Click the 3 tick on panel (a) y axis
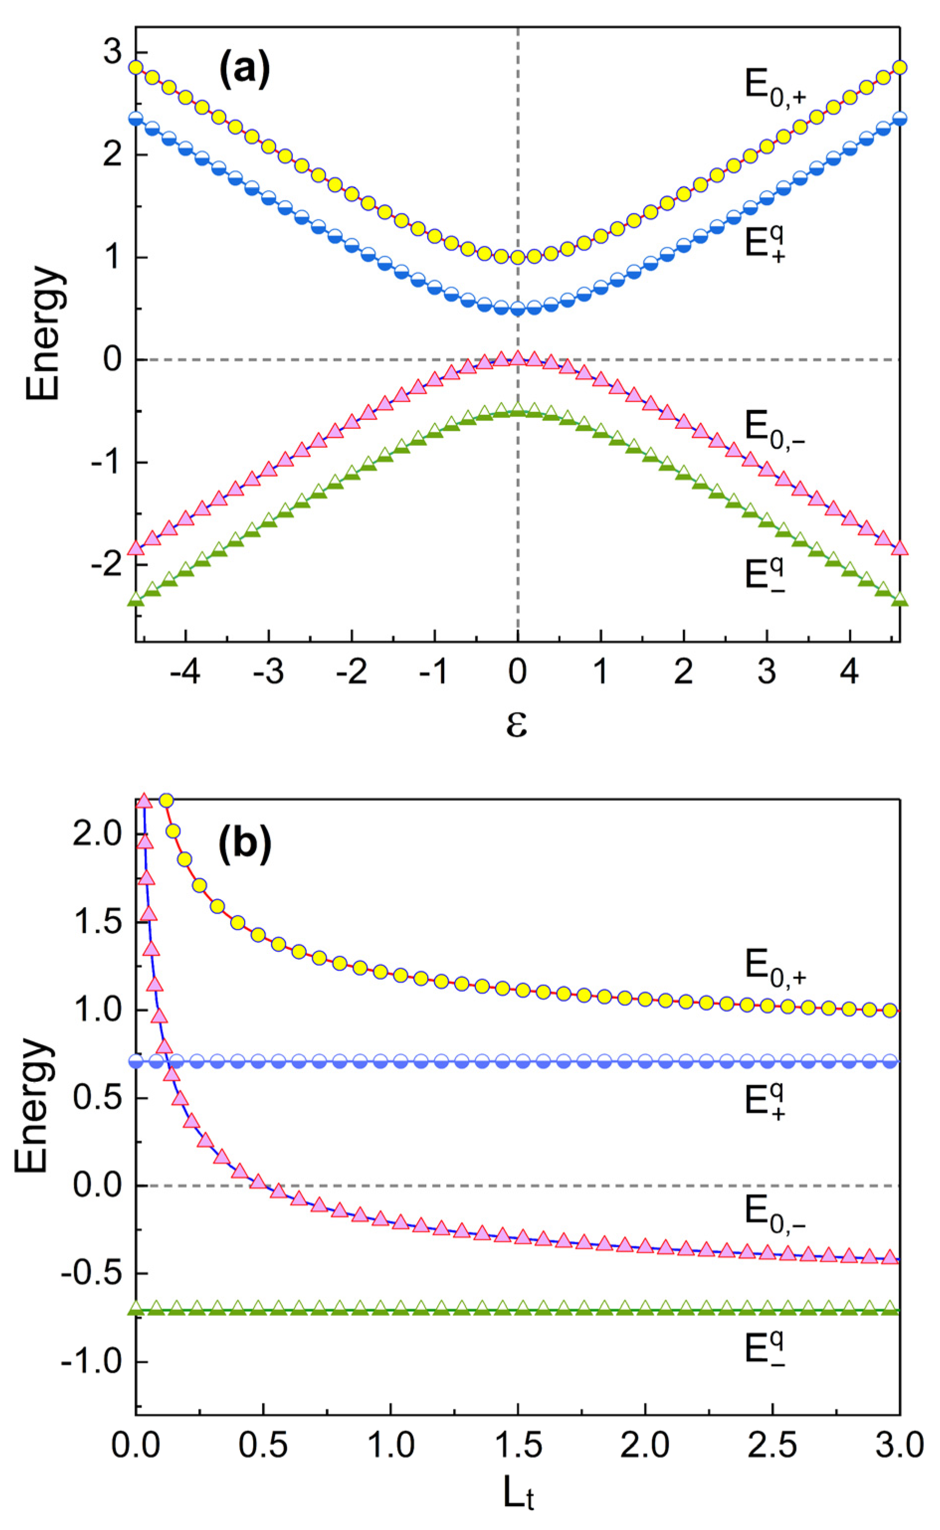[112, 53]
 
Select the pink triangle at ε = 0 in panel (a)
[518, 358]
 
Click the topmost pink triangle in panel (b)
[144, 801]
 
